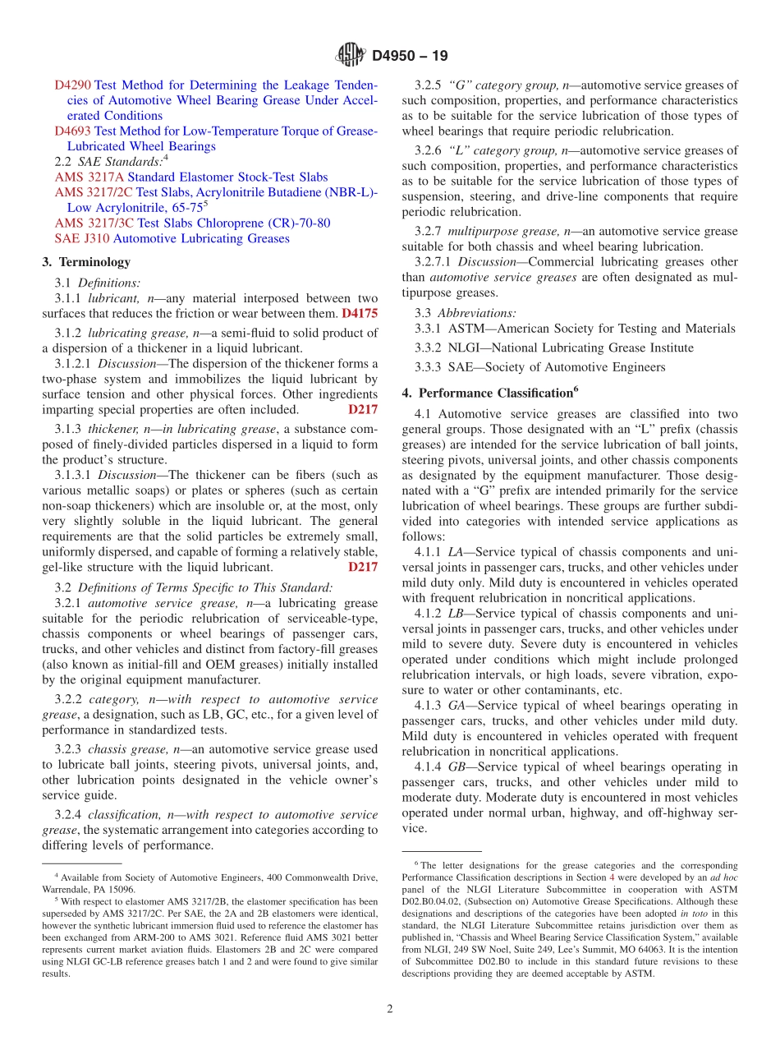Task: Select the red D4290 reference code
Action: [73, 85]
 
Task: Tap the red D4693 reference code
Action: [73, 131]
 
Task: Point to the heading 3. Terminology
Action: [86, 262]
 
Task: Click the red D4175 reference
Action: [360, 314]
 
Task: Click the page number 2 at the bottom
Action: [390, 1009]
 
